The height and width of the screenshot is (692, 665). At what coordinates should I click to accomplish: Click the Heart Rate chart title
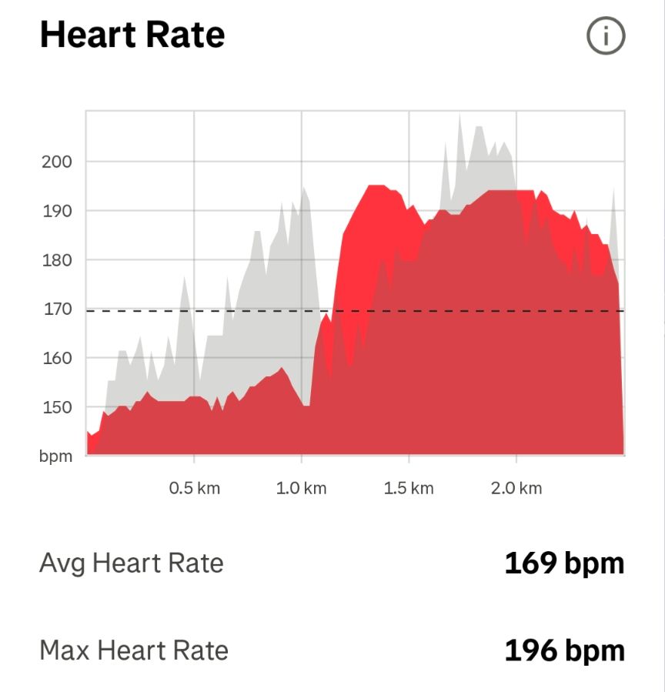pyautogui.click(x=132, y=35)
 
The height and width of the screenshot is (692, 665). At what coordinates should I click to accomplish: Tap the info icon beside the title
pyautogui.click(x=605, y=36)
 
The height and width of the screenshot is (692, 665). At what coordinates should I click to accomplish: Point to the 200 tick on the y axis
pyautogui.click(x=56, y=162)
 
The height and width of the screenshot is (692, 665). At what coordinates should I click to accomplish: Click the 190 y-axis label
pyautogui.click(x=56, y=211)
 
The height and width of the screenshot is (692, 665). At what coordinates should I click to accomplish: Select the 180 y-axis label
pyautogui.click(x=56, y=260)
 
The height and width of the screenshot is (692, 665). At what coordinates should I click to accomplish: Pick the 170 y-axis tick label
pyautogui.click(x=56, y=309)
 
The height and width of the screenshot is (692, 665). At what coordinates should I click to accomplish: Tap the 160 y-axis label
pyautogui.click(x=56, y=359)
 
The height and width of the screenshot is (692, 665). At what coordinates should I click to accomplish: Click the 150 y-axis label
pyautogui.click(x=56, y=407)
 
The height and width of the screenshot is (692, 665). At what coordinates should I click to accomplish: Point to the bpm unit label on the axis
pyautogui.click(x=56, y=456)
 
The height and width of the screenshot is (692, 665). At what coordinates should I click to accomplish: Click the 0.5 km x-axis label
pyautogui.click(x=194, y=489)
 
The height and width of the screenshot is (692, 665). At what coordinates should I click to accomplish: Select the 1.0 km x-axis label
pyautogui.click(x=301, y=489)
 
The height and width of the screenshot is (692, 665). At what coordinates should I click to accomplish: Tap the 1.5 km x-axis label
pyautogui.click(x=409, y=489)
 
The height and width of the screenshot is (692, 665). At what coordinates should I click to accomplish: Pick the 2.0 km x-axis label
pyautogui.click(x=516, y=489)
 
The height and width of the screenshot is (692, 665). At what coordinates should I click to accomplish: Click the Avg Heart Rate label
pyautogui.click(x=131, y=563)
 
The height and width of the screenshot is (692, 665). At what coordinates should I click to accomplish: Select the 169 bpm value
pyautogui.click(x=564, y=563)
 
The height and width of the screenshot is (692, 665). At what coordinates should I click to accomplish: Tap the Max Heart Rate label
pyautogui.click(x=134, y=651)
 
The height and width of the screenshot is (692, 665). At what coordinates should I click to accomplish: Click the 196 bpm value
pyautogui.click(x=564, y=651)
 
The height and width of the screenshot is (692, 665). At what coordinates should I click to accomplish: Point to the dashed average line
pyautogui.click(x=231, y=311)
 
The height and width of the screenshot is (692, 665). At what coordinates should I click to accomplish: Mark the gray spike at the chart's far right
pyautogui.click(x=613, y=189)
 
